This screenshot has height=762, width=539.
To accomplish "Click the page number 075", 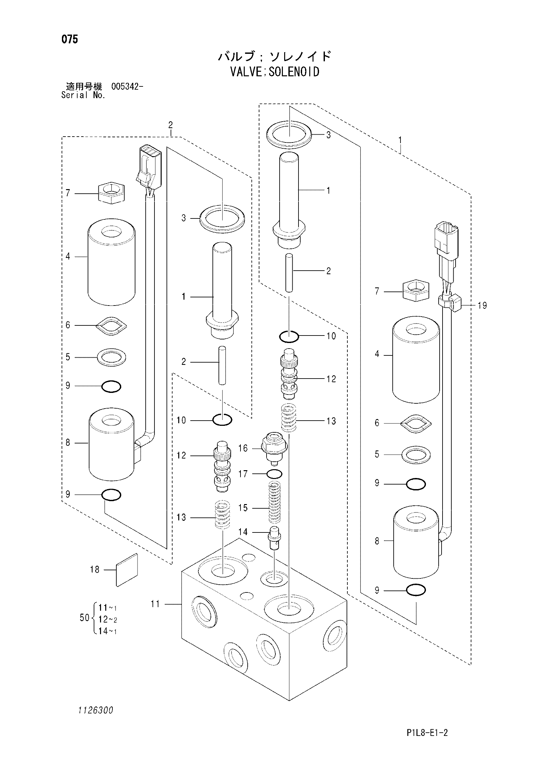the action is click(70, 39).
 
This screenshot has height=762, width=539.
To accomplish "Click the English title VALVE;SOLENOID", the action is click(275, 72).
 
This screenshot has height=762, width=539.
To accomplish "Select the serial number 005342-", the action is click(127, 87).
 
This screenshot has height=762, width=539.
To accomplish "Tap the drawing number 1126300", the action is click(95, 710).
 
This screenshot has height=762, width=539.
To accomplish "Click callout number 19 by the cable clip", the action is click(482, 305).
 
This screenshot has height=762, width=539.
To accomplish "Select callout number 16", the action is click(243, 448).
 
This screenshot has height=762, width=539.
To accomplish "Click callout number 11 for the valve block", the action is click(155, 604).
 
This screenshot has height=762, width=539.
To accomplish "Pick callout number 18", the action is click(95, 569).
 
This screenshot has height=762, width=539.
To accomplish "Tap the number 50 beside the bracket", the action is click(85, 618).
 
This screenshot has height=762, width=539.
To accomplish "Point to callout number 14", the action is click(243, 532).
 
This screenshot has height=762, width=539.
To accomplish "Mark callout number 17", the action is click(243, 474).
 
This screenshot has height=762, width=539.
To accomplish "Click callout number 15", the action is click(243, 508).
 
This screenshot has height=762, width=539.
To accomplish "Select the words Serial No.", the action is click(83, 95).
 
